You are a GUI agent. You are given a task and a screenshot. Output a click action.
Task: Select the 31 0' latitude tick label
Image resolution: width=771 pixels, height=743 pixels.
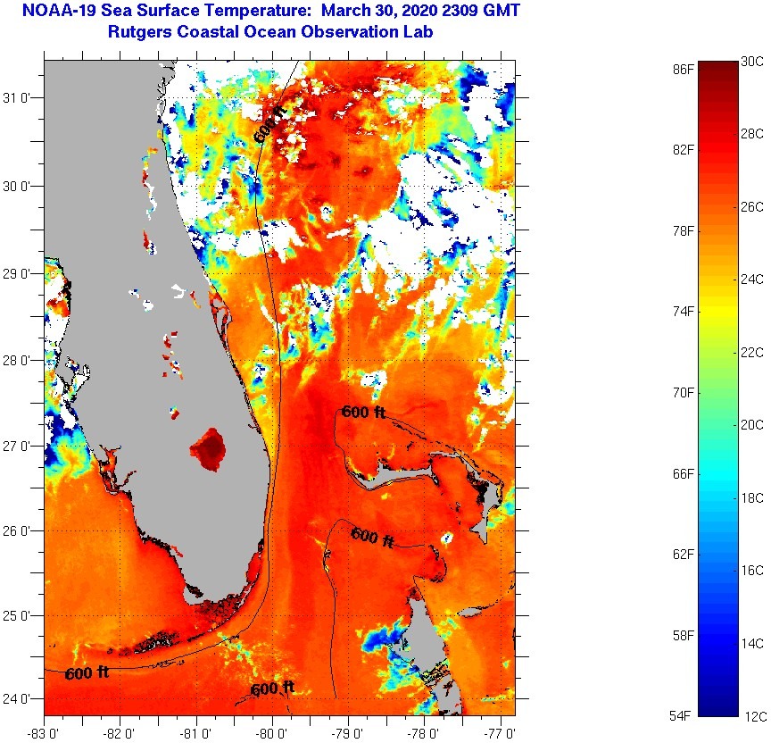click(x=20, y=98)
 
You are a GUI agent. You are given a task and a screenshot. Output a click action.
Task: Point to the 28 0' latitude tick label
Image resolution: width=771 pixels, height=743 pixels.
click(x=20, y=360)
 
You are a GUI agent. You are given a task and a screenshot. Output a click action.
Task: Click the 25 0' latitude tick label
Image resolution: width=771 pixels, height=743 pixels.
click(x=20, y=616)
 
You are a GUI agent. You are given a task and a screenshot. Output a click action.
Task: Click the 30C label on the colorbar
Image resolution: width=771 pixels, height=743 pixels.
click(x=751, y=62)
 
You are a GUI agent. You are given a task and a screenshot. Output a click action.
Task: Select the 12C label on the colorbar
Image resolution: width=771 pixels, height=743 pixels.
click(x=751, y=715)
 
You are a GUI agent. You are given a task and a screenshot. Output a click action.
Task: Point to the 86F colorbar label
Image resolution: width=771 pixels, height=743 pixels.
click(x=684, y=68)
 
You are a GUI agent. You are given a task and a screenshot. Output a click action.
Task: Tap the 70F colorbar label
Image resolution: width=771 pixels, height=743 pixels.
click(x=684, y=392)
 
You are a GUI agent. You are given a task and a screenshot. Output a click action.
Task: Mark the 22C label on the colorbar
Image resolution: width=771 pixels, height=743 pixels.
click(x=751, y=352)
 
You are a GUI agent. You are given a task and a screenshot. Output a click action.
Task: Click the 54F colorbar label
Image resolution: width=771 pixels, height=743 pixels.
click(x=684, y=716)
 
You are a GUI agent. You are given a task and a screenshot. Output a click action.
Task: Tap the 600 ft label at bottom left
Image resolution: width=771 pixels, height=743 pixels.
click(x=87, y=673)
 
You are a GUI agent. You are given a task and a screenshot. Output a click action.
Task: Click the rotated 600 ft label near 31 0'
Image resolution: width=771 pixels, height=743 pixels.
click(x=270, y=123)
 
